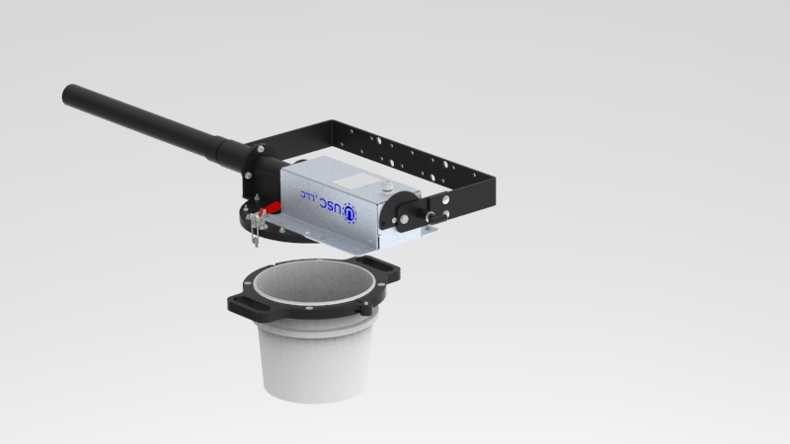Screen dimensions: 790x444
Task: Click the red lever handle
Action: pos(272,208)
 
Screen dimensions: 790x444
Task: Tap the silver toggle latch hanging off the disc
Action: pos(256,228)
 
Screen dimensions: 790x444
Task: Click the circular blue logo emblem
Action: pos(350,213)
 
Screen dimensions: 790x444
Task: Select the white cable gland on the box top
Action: pos(387,185)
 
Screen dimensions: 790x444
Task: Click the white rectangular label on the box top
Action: pos(356,181)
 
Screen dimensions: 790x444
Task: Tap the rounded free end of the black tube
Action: pos(68,94)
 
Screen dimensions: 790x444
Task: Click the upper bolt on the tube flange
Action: pos(261,149)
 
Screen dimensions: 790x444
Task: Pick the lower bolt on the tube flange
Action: pos(248,176)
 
